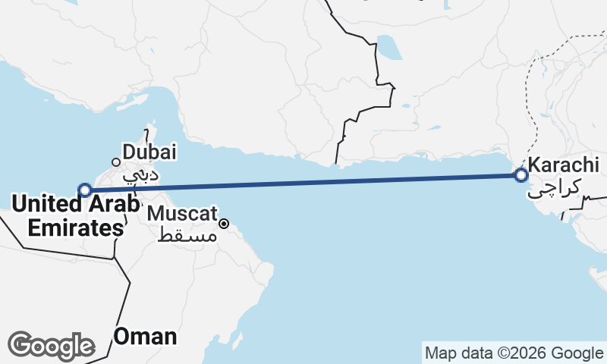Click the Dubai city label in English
pyautogui.click(x=149, y=152)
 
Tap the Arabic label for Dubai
pyautogui.click(x=142, y=175)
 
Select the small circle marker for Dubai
pyautogui.click(x=116, y=162)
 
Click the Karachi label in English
pyautogui.click(x=564, y=165)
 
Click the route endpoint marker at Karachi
pyautogui.click(x=521, y=175)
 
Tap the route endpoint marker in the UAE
pyautogui.click(x=85, y=190)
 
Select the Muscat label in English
pyautogui.click(x=182, y=212)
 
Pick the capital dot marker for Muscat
pyautogui.click(x=225, y=224)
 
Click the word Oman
pyautogui.click(x=145, y=336)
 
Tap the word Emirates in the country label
pyautogui.click(x=68, y=227)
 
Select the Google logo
pyautogui.click(x=52, y=346)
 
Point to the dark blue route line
pyautogui.click(x=303, y=182)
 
